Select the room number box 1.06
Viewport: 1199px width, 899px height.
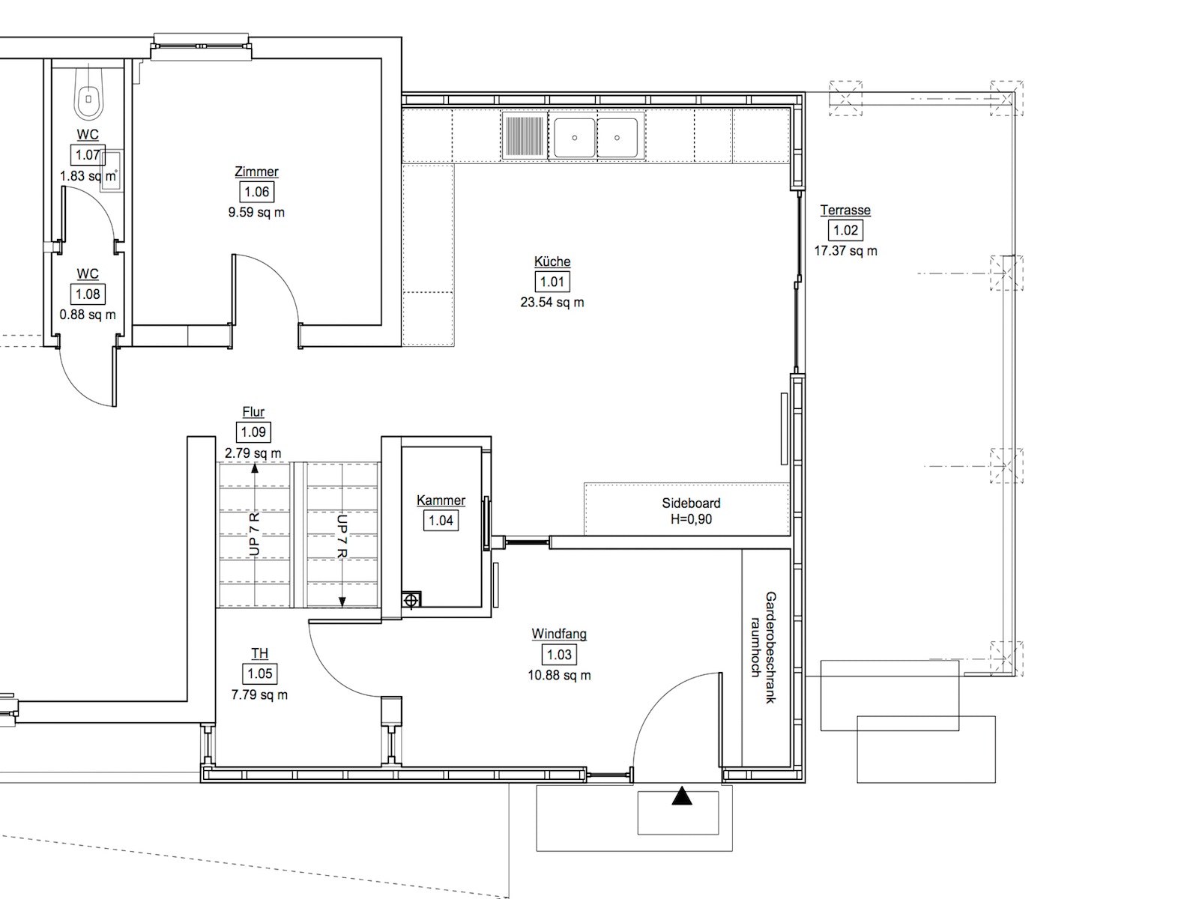(x=257, y=192)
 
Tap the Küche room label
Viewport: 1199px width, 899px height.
(x=552, y=261)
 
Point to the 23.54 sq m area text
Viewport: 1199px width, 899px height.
(x=552, y=303)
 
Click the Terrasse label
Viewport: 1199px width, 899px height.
(x=845, y=211)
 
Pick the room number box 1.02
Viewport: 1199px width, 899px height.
(x=845, y=230)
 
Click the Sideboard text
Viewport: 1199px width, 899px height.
(x=691, y=503)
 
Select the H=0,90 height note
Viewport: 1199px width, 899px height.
(x=691, y=519)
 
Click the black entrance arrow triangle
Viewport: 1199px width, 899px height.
(x=682, y=796)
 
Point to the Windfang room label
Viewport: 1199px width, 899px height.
(x=559, y=634)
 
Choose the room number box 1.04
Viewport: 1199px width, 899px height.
(x=441, y=521)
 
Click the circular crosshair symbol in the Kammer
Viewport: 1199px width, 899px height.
(x=411, y=600)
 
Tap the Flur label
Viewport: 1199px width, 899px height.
(x=253, y=412)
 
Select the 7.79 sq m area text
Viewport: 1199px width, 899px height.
(x=259, y=695)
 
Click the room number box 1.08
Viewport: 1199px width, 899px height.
(x=88, y=294)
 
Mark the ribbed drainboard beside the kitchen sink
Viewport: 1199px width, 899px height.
(x=525, y=136)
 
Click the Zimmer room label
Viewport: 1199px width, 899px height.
(x=257, y=172)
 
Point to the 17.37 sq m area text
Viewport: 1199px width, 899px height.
(x=845, y=251)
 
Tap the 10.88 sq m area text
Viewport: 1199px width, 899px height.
(x=559, y=675)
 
